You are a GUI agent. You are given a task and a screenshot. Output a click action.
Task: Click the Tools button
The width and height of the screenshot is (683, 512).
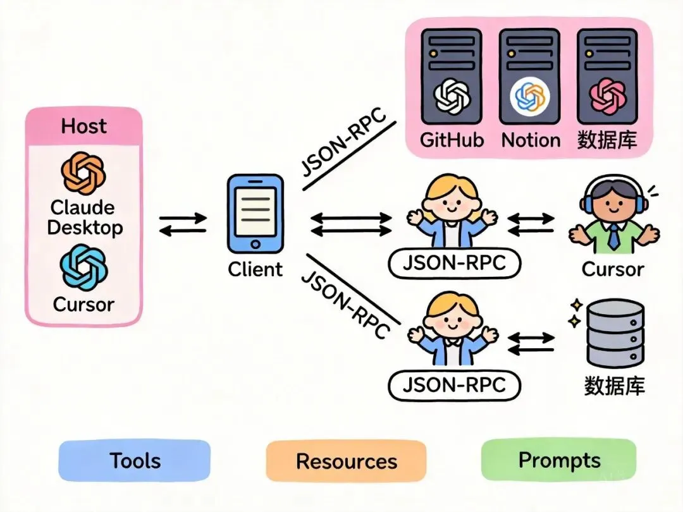point(134,460)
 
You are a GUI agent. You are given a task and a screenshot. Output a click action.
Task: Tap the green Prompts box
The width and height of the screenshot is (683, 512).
point(559,460)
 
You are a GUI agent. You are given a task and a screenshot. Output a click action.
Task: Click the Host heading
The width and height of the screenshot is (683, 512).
point(84,126)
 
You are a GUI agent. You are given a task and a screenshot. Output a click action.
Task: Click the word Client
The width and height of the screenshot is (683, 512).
point(255,269)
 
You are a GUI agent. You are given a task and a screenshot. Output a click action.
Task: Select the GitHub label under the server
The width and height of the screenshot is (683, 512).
point(452,140)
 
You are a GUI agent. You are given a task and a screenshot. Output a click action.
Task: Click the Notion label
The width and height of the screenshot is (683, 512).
point(531,140)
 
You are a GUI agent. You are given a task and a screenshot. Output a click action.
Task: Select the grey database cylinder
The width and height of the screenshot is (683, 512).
point(615,334)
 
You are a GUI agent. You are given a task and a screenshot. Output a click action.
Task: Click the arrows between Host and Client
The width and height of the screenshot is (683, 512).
point(183,224)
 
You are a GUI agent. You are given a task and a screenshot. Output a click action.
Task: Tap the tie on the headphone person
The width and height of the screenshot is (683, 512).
point(613,238)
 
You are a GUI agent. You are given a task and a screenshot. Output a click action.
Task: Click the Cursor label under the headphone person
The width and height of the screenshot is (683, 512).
point(612,269)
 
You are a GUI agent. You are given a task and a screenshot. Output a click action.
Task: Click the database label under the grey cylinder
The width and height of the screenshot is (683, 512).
point(614,386)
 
